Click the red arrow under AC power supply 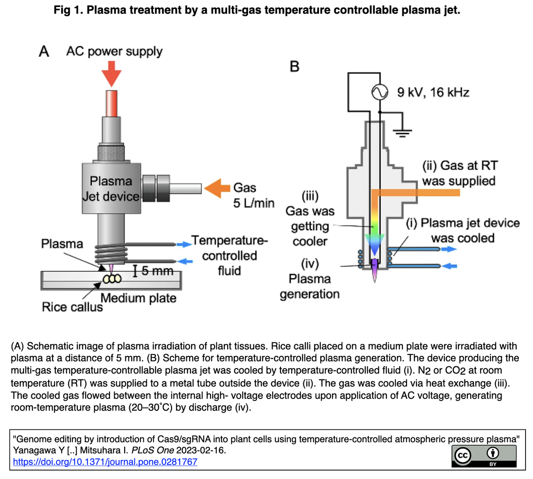coord(111,75)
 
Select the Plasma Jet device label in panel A coord(111,189)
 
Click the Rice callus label coord(72,307)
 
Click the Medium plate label coord(139,298)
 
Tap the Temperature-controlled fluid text coord(229,255)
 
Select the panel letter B coord(295,67)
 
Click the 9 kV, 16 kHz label coord(433,93)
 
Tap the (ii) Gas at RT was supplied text coord(459,173)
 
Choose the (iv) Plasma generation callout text coord(309,279)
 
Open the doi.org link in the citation coord(105,462)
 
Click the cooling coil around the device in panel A coord(111,254)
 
